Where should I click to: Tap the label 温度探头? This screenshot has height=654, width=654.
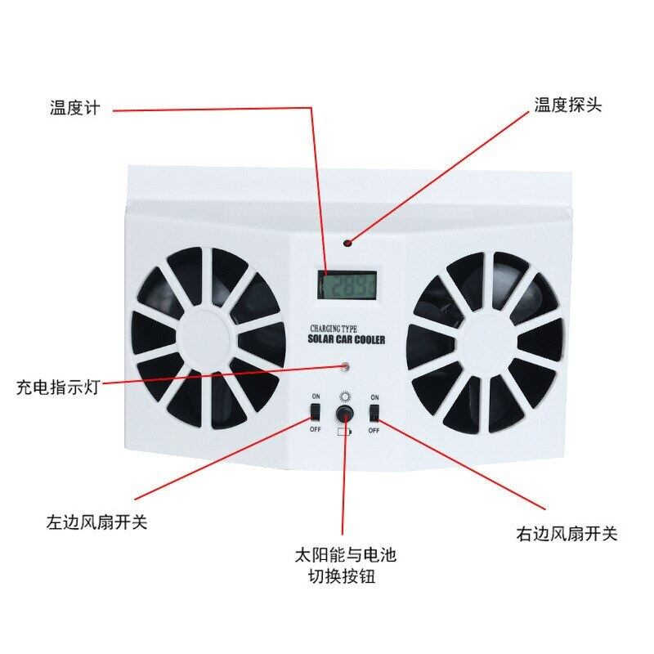pos(567,105)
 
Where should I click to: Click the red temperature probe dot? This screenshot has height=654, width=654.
pos(347,243)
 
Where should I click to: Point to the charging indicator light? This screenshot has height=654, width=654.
pos(346,367)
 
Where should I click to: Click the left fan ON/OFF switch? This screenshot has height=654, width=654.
pos(315,411)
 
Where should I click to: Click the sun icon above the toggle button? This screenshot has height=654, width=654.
pos(345,397)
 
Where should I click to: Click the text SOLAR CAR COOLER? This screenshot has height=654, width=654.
pos(345,339)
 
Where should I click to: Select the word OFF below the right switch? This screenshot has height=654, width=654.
pos(374,429)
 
